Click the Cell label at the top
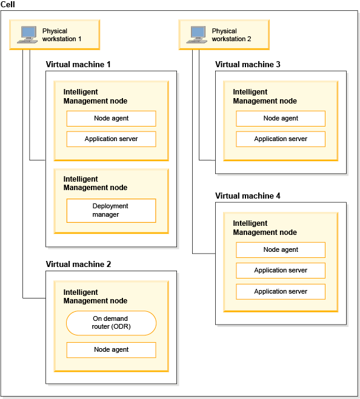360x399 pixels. pyautogui.click(x=8, y=4)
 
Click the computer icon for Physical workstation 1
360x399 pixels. pyautogui.click(x=27, y=35)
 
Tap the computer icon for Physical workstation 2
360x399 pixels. pyautogui.click(x=197, y=35)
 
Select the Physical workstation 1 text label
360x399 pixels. pyautogui.click(x=62, y=35)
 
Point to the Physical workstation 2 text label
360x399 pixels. pyautogui.click(x=232, y=35)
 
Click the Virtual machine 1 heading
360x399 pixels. pyautogui.click(x=78, y=64)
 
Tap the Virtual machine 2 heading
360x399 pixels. pyautogui.click(x=78, y=264)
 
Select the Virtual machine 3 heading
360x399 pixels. pyautogui.click(x=248, y=64)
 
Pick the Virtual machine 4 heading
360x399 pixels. pyautogui.click(x=248, y=196)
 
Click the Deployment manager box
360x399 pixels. pyautogui.click(x=111, y=211)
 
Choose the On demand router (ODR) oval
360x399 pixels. pyautogui.click(x=111, y=323)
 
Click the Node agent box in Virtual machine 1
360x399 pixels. pyautogui.click(x=111, y=118)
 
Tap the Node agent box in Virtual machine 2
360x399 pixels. pyautogui.click(x=111, y=350)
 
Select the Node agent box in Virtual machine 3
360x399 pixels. pyautogui.click(x=281, y=118)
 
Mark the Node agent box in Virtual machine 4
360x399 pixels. pyautogui.click(x=281, y=250)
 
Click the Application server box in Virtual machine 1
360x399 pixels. pyautogui.click(x=111, y=139)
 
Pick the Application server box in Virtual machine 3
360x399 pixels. pyautogui.click(x=281, y=139)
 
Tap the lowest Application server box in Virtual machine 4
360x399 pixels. pyautogui.click(x=281, y=292)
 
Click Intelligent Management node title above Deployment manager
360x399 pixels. pyautogui.click(x=95, y=183)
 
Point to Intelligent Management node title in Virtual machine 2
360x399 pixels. pyautogui.click(x=95, y=297)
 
